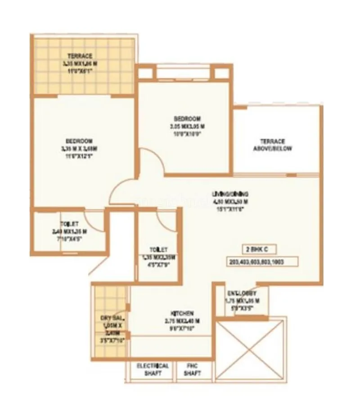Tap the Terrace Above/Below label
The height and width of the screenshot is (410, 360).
click(x=272, y=144)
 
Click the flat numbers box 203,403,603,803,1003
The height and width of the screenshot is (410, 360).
click(x=257, y=261)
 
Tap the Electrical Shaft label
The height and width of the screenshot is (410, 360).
click(x=153, y=369)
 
